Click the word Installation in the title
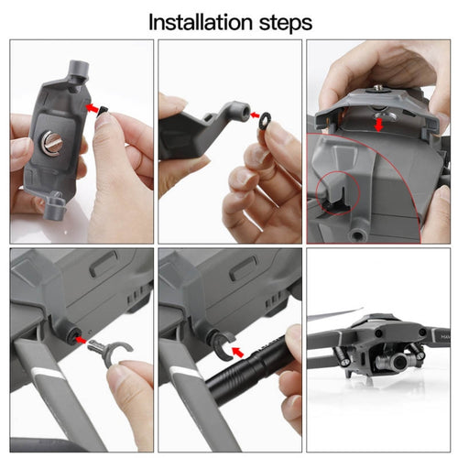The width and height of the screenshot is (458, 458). [x=201, y=22]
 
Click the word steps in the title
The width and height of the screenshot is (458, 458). [x=286, y=23]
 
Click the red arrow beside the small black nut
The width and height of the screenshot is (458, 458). [x=93, y=108]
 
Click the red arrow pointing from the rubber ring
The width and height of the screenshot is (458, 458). [x=255, y=115]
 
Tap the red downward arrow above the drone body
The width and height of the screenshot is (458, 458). [x=379, y=125]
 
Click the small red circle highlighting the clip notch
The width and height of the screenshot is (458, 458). [x=338, y=192]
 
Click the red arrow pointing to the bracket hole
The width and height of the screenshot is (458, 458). [x=81, y=339]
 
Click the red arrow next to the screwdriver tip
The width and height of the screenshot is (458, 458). [x=238, y=353]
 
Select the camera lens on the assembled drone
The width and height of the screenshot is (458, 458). [x=399, y=362]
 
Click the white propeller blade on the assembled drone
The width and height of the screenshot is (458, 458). [x=335, y=315]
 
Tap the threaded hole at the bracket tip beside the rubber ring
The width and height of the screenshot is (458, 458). [x=245, y=113]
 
